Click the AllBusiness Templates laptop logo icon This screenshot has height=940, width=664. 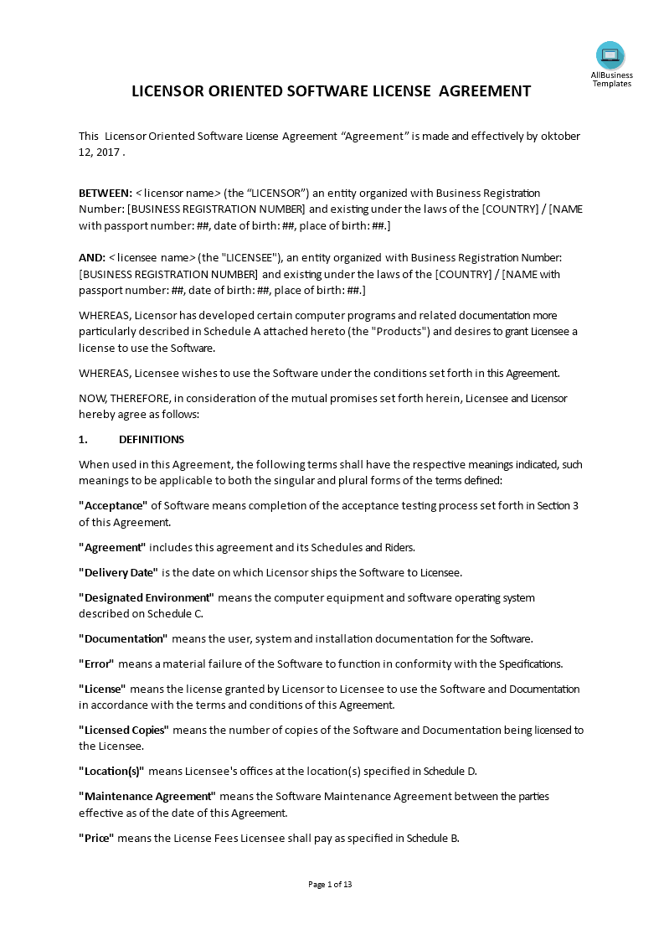tap(610, 55)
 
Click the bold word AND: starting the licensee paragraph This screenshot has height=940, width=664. tap(92, 257)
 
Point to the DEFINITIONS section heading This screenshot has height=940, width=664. tap(152, 439)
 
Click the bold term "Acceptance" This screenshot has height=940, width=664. tap(113, 505)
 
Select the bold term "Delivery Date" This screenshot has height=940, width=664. tap(118, 572)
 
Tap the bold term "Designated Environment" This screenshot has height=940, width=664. tap(147, 597)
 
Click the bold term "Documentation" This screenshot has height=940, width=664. tap(123, 638)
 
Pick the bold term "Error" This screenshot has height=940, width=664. tap(96, 664)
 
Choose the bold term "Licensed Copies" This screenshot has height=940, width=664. tap(124, 730)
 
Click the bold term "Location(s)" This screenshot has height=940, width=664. tap(111, 771)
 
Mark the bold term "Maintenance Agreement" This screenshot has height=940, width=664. tap(147, 796)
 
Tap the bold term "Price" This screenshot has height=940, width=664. tap(96, 838)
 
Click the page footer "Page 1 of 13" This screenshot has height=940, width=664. tap(331, 884)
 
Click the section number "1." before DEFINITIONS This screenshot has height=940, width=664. tap(83, 439)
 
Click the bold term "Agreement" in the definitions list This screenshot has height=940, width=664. tap(112, 547)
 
